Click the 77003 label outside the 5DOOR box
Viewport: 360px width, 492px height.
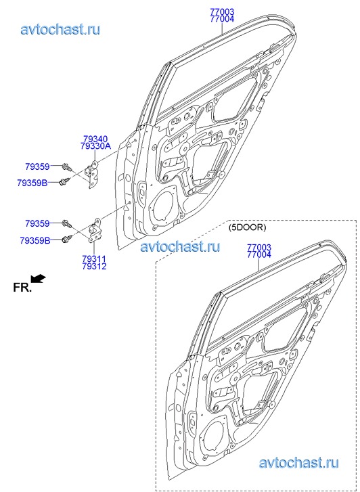tap(222, 12)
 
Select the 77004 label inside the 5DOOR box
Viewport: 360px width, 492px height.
tap(259, 254)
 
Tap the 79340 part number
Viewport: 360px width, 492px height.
tap(95, 139)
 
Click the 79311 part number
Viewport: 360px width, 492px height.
tap(94, 259)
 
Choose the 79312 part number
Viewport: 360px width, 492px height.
tap(94, 267)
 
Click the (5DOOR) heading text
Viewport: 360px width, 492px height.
tap(247, 228)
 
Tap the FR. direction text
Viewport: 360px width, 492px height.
tap(22, 288)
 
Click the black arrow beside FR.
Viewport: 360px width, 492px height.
tap(39, 279)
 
